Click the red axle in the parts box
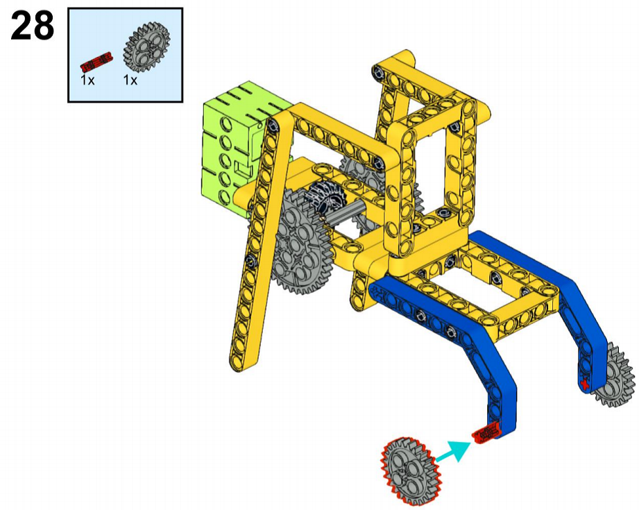[96, 61]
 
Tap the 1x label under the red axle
[87, 80]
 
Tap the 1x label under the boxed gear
[130, 80]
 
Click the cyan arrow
[453, 452]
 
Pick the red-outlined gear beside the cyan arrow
[411, 471]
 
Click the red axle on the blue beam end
[486, 433]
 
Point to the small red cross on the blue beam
[585, 384]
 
